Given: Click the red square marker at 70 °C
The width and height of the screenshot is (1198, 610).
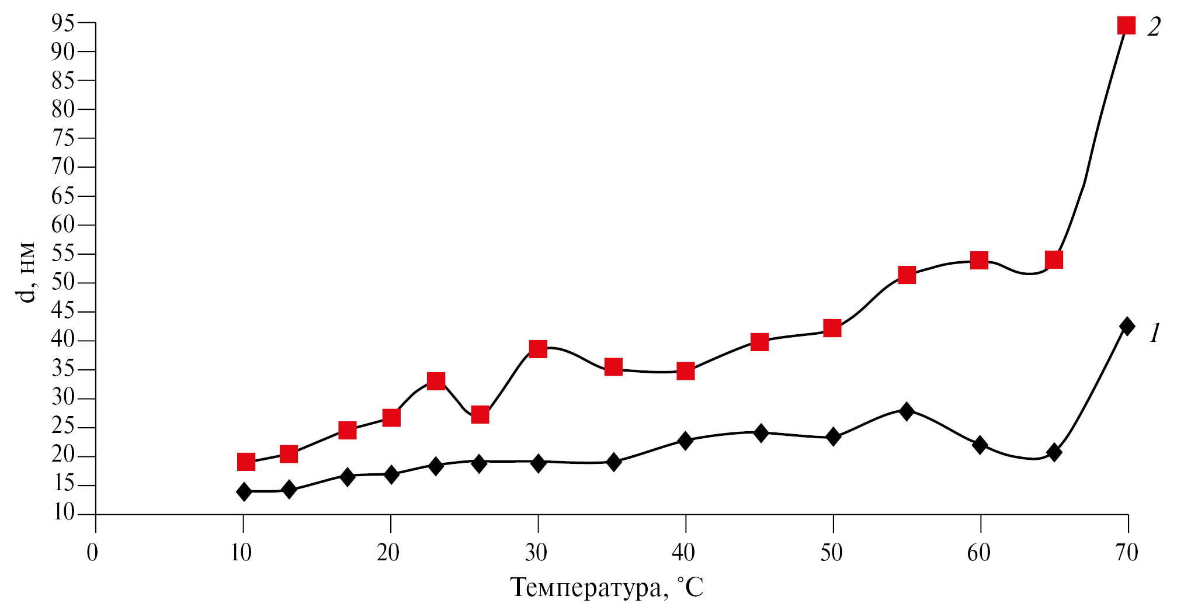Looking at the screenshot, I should click(1126, 26).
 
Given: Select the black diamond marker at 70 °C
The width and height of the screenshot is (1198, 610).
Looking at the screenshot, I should click(1127, 326).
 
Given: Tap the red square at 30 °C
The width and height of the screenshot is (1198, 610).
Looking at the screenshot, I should click(538, 349).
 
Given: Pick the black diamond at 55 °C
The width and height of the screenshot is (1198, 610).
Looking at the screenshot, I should click(907, 411).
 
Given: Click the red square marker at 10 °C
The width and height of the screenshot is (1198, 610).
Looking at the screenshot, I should click(246, 462).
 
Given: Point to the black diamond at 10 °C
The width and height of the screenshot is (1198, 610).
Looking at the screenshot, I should click(244, 491).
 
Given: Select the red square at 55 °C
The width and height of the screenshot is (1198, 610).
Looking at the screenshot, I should click(907, 275).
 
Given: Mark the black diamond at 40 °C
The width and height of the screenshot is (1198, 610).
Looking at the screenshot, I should click(685, 441).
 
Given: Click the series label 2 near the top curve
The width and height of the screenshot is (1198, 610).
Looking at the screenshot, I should click(1154, 27).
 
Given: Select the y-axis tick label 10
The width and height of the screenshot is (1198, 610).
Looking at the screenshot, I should click(64, 513).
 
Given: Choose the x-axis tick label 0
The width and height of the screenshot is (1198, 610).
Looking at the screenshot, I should click(92, 552).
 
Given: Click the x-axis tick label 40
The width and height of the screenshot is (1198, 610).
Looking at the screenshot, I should click(683, 552).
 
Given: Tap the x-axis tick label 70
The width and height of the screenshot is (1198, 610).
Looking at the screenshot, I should click(1126, 552).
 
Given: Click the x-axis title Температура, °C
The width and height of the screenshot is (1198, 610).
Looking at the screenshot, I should click(607, 587).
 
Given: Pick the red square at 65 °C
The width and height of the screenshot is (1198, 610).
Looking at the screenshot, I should click(1054, 259).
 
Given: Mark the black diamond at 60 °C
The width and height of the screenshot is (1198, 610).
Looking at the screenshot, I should click(980, 445).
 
